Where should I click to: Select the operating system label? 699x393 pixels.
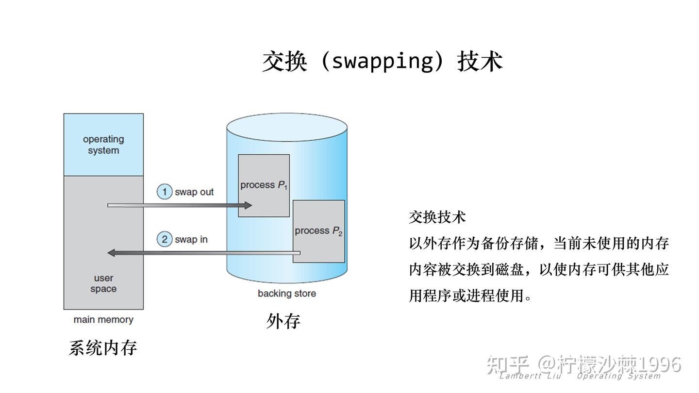tap(103, 145)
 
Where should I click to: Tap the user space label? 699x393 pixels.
tap(103, 283)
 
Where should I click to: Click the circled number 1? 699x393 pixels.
tap(165, 192)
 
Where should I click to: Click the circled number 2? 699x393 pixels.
tap(165, 239)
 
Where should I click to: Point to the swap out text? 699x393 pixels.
tap(194, 192)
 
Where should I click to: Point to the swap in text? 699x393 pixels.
tap(191, 240)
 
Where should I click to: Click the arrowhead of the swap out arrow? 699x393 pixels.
tap(248, 205)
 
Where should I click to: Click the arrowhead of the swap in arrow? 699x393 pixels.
tap(111, 252)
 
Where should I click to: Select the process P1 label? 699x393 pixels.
tap(264, 185)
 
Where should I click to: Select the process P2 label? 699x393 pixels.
tap(318, 231)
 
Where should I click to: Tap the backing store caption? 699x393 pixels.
tap(286, 294)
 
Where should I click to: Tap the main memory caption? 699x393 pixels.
tap(103, 320)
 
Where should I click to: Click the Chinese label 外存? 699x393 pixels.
tap(283, 321)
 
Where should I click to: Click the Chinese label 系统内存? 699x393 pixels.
tap(103, 348)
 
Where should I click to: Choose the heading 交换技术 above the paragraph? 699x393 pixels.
tap(437, 217)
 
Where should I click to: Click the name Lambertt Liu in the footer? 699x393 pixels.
tap(530, 376)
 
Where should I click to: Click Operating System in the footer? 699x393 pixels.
tap(618, 376)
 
